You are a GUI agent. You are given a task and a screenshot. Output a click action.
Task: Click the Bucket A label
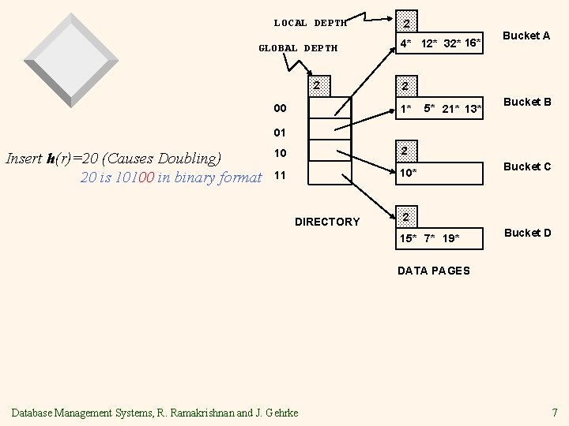[x=526, y=35]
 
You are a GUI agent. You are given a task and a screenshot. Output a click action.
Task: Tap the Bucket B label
[x=527, y=102]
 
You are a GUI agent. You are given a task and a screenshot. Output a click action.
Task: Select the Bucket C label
[x=527, y=166]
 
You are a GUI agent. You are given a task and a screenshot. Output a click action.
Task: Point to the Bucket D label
[x=527, y=233]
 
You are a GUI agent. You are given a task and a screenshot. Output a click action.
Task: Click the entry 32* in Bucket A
[x=452, y=43]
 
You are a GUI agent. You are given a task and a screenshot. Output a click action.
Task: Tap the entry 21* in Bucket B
[x=452, y=108]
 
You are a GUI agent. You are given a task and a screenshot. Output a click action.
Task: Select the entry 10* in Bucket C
[x=409, y=173]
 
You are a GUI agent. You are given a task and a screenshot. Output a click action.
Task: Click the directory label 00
[x=280, y=108]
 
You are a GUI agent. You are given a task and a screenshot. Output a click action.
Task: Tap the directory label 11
[x=280, y=175]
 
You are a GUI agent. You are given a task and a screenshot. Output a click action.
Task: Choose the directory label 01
[x=280, y=132]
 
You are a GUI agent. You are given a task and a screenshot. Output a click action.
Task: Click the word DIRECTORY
[x=327, y=222]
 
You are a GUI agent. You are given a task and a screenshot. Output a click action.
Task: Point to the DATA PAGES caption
[x=433, y=271]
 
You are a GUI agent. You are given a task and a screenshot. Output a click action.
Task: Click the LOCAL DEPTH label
[x=311, y=23]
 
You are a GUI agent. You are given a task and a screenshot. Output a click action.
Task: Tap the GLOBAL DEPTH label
[x=298, y=48]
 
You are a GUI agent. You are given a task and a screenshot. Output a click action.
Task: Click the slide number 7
[x=555, y=412]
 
